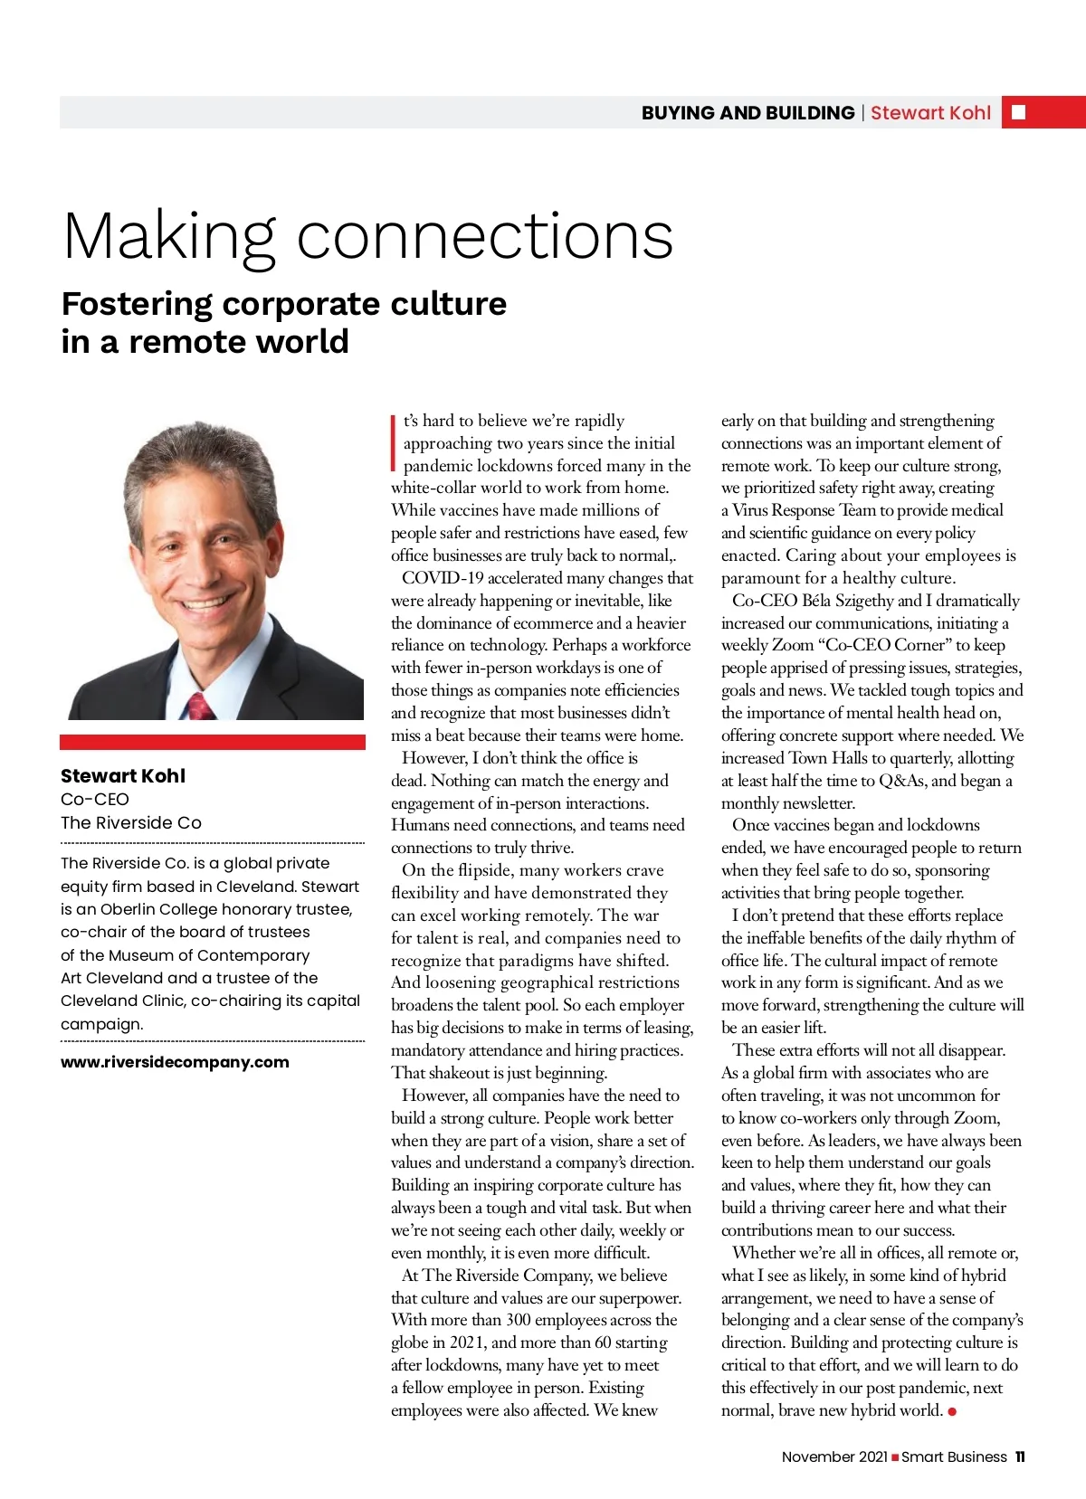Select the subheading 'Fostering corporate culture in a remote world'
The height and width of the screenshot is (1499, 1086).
[283, 322]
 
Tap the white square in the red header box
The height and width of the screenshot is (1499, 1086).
[1018, 112]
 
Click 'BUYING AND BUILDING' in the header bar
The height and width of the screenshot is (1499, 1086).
[748, 113]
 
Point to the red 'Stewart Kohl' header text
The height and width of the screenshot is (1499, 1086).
[930, 113]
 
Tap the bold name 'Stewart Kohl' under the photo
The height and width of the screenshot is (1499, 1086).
[123, 775]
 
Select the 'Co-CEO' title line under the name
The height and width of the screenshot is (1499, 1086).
[95, 799]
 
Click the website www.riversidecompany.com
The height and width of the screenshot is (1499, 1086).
[175, 1062]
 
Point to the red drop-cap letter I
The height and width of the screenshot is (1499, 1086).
[394, 443]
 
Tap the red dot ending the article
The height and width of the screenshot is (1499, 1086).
[952, 1411]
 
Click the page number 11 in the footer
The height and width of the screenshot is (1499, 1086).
[1020, 1456]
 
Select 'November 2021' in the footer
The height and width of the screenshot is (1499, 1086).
[834, 1456]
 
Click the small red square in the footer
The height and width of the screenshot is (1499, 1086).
[895, 1457]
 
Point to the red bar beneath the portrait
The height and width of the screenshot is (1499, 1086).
[213, 742]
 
